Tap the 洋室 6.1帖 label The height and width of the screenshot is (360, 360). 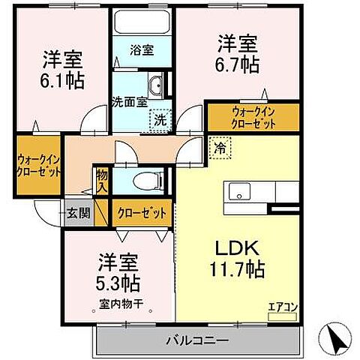(x=63, y=68)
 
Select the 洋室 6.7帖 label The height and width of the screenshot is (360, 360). (x=238, y=54)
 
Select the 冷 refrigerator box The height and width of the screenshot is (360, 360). (x=220, y=148)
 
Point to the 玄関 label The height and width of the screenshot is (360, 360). (x=77, y=213)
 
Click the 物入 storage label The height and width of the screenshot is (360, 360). (x=101, y=180)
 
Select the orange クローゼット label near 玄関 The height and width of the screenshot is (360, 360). (x=142, y=213)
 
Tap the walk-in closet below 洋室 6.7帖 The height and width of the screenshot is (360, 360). (x=253, y=117)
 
